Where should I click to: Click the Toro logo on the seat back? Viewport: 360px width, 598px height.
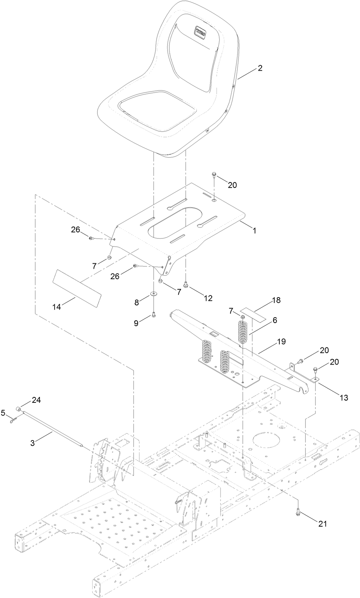coord(200,32)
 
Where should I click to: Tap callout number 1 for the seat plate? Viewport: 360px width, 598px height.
coord(254,231)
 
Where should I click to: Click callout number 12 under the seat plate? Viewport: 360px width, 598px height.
coord(208,298)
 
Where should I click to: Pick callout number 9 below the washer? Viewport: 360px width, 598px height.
coord(136,323)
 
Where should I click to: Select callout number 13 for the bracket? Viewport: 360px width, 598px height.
coord(343,398)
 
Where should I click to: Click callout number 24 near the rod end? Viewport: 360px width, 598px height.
coord(36,400)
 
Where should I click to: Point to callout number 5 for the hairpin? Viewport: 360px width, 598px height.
coord(3,413)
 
